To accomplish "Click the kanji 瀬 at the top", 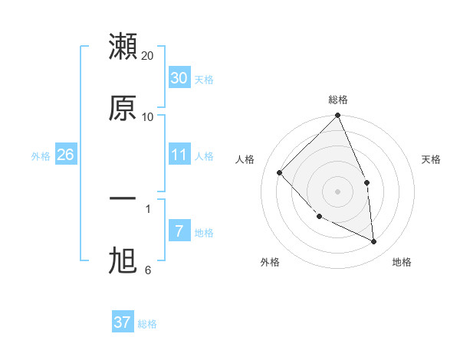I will tap(123, 47).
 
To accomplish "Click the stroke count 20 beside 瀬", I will tap(148, 56).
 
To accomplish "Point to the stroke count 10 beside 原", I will tap(148, 116).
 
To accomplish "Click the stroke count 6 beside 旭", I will tap(148, 270).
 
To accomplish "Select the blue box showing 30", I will tap(179, 78).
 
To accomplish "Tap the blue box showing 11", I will tap(179, 155).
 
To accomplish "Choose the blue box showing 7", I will tap(179, 231).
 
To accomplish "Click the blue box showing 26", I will tap(65, 155).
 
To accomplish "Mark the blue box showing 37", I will tap(123, 322).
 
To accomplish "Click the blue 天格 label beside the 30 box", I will tap(204, 80).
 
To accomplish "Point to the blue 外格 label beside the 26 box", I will tap(41, 155).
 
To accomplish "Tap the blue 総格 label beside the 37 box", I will tap(147, 324).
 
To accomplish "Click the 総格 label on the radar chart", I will tap(338, 100).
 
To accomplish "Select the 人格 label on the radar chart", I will tap(245, 159).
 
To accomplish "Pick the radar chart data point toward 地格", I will tap(374, 242).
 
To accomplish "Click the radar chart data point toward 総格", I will tap(338, 116).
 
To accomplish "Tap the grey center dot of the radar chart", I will tap(338, 191).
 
